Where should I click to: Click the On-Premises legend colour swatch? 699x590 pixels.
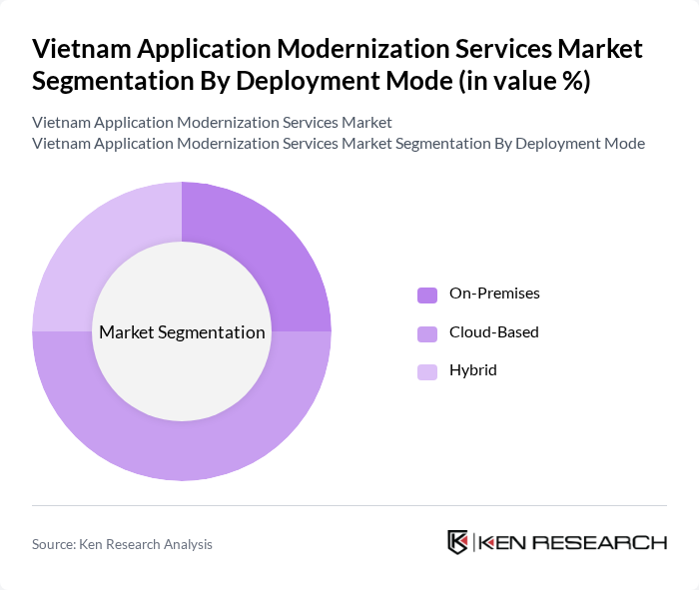427,295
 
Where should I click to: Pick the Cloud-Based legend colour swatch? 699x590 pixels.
427,332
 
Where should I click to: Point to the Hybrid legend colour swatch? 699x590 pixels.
427,371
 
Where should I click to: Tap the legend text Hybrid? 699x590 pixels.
472,370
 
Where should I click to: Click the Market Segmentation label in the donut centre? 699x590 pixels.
182,332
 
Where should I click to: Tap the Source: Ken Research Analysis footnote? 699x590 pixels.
122,544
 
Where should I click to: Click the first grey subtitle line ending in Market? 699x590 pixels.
212,122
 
